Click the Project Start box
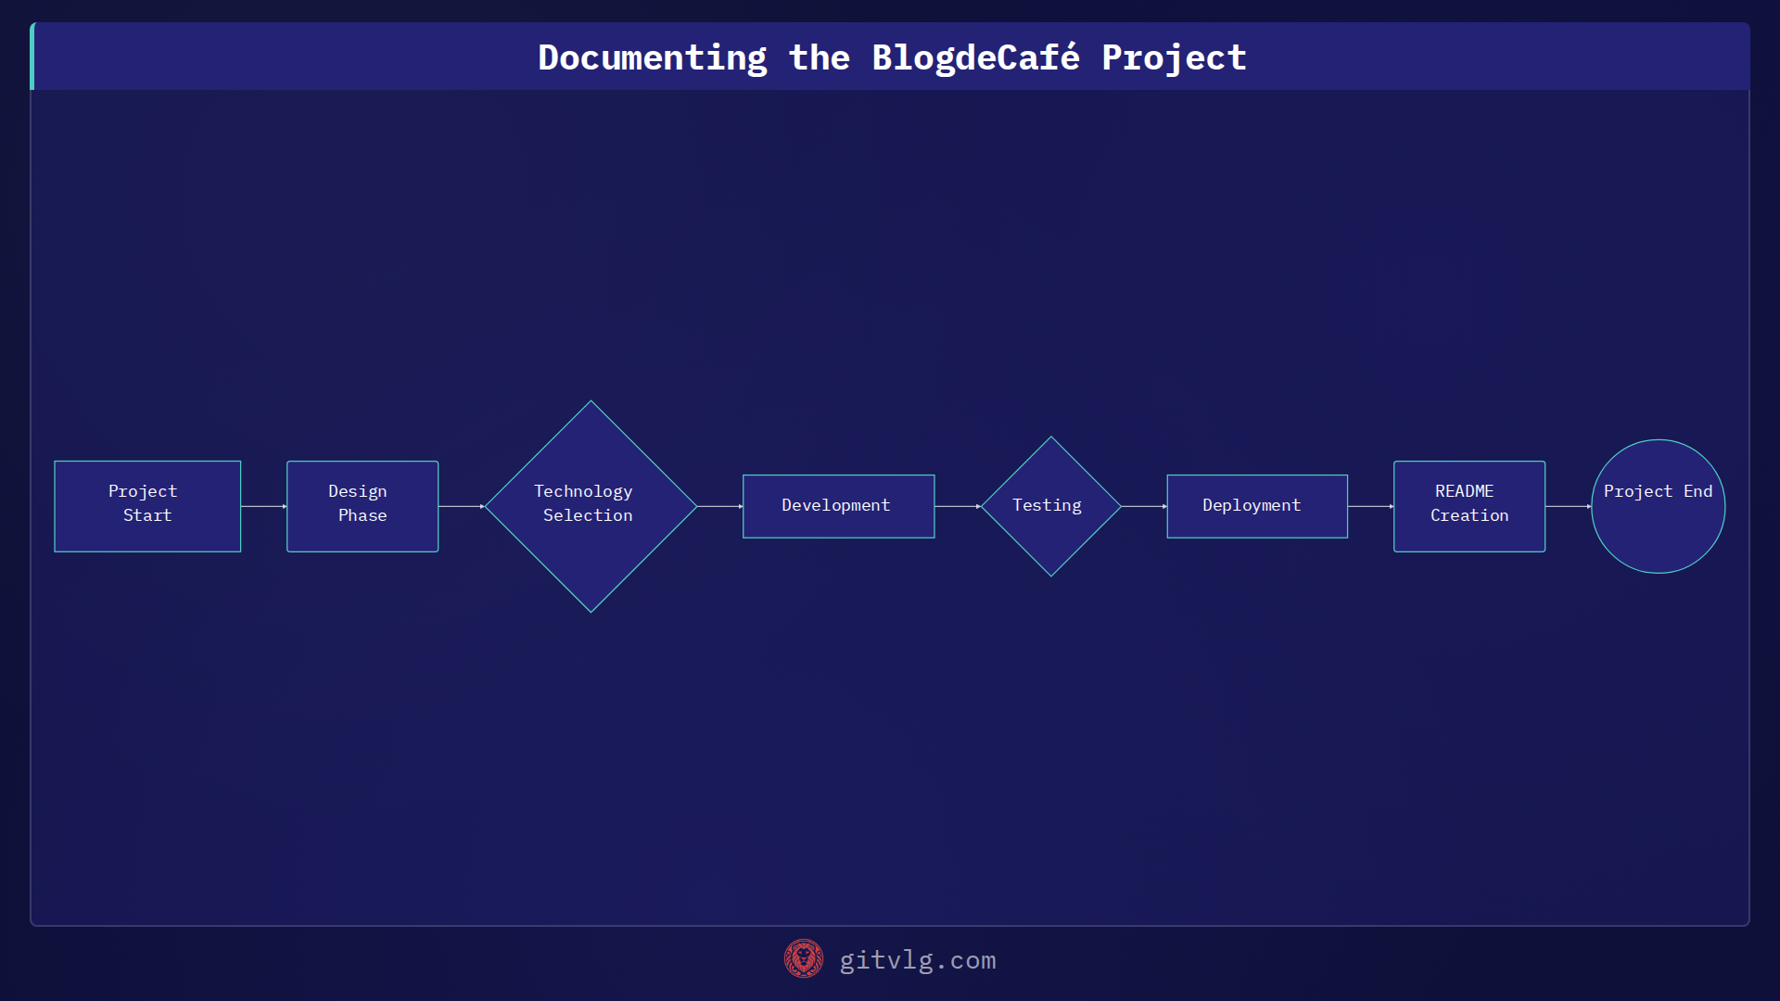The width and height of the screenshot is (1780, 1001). (147, 506)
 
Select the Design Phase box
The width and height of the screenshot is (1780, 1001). (362, 506)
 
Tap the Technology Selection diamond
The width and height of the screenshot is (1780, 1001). (591, 506)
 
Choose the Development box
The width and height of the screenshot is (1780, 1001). (838, 506)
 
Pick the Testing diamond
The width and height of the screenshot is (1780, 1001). (1050, 506)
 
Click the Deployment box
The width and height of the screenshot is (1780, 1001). (1256, 506)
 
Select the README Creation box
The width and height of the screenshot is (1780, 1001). (1468, 506)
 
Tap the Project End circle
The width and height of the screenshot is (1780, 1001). (1658, 506)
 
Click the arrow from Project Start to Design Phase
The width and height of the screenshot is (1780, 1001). (263, 506)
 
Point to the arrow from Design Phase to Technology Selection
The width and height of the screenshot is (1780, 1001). (461, 506)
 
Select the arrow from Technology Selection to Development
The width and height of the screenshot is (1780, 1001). (719, 506)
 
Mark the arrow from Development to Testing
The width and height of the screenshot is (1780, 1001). (958, 506)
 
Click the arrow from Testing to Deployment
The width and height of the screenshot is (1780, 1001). (1143, 506)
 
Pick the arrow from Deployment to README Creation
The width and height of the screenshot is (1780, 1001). (1370, 506)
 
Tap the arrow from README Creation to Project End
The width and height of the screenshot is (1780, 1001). (1568, 506)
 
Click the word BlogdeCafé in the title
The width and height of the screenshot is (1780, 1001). (975, 57)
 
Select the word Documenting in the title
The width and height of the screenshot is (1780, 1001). (653, 57)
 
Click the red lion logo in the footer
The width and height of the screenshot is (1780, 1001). (803, 959)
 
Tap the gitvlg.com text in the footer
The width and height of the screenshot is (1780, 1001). (918, 960)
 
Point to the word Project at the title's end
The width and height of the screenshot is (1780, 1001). (1174, 57)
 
